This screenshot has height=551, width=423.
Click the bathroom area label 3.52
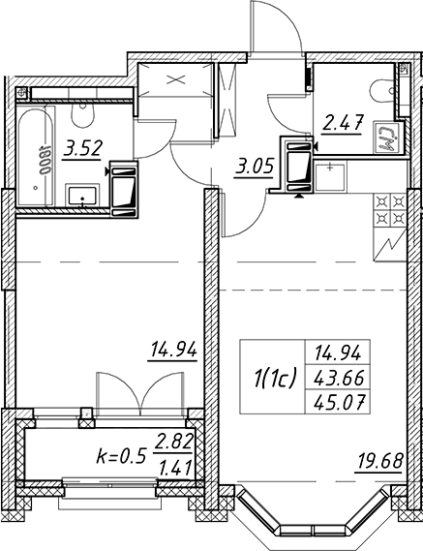[82, 148]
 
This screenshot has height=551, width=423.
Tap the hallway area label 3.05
[254, 168]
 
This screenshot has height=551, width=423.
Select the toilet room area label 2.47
[343, 122]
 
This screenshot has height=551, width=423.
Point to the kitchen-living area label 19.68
[379, 461]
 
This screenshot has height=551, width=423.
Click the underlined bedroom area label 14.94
[173, 350]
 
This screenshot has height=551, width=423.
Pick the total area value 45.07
[338, 402]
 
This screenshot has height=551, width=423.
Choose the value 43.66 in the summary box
[338, 379]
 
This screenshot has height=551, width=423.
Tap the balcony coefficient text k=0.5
[120, 457]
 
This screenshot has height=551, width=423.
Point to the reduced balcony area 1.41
[175, 468]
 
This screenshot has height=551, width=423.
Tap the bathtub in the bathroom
[36, 156]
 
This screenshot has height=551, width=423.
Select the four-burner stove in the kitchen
[390, 210]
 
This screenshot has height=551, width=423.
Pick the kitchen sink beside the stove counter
[330, 176]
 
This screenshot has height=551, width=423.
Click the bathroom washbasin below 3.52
[82, 196]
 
